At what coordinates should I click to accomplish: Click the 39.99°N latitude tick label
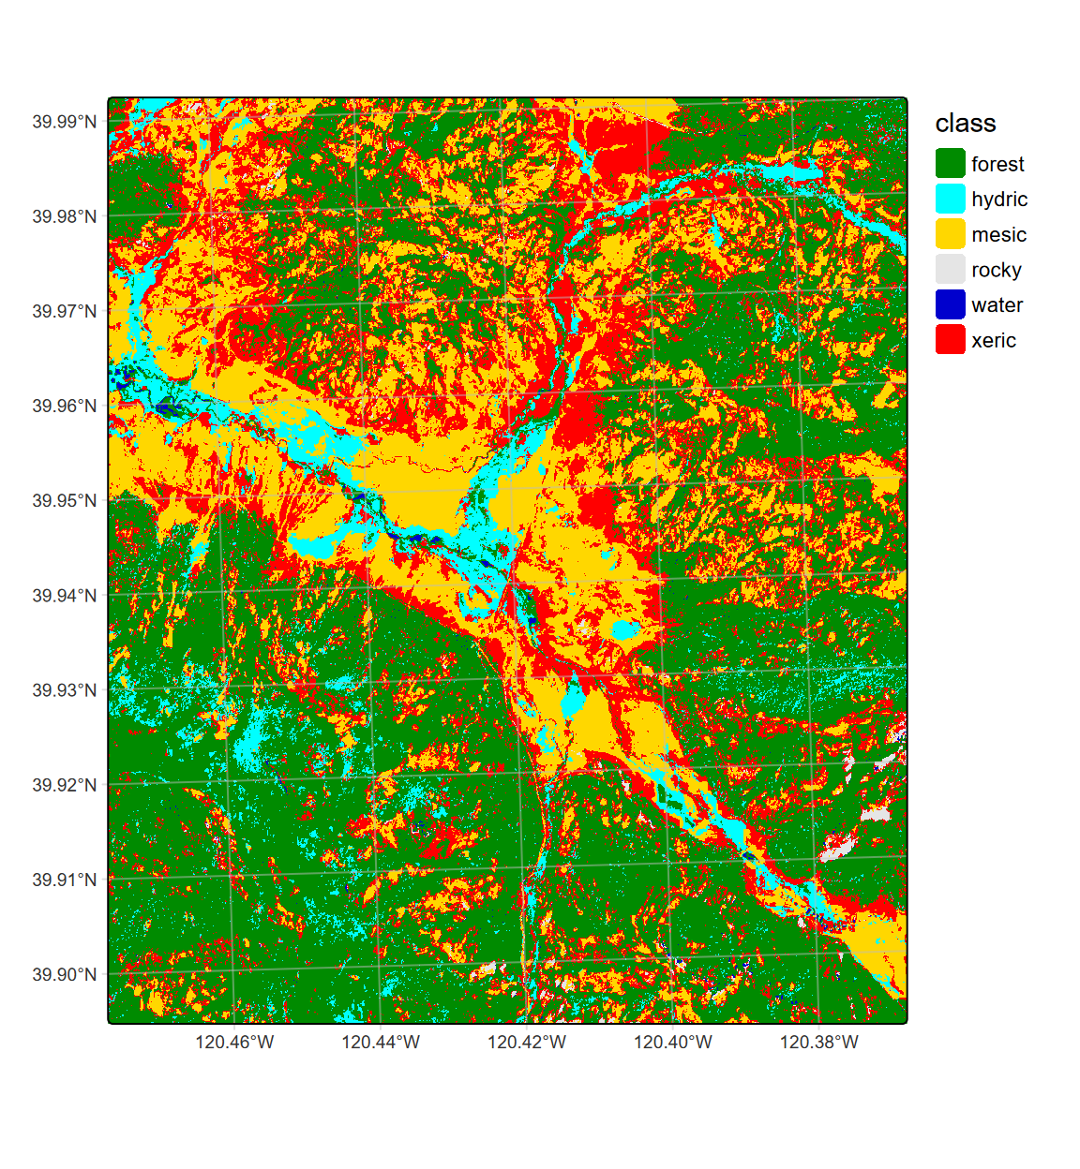[64, 122]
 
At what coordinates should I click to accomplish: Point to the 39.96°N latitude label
[64, 406]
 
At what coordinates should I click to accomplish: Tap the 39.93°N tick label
[64, 690]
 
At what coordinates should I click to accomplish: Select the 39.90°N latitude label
[64, 974]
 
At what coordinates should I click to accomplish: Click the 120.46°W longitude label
[234, 1043]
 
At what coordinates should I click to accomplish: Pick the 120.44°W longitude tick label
[381, 1043]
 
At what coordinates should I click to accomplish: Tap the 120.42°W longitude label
[527, 1043]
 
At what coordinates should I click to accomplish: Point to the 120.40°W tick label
[673, 1043]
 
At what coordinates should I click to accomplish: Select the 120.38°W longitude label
[819, 1043]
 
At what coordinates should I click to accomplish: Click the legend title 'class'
[965, 124]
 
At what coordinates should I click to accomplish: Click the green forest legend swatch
[950, 164]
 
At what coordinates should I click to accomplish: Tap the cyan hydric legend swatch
[950, 199]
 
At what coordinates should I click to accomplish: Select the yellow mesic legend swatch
[950, 234]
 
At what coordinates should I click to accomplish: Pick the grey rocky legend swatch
[950, 270]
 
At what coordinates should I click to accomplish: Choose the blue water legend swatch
[950, 305]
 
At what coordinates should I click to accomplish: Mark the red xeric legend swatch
[950, 340]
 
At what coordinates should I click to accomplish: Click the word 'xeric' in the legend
[994, 341]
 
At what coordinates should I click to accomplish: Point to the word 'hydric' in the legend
[999, 200]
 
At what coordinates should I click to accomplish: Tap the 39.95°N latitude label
[64, 500]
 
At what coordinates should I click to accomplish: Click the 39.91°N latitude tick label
[64, 880]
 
